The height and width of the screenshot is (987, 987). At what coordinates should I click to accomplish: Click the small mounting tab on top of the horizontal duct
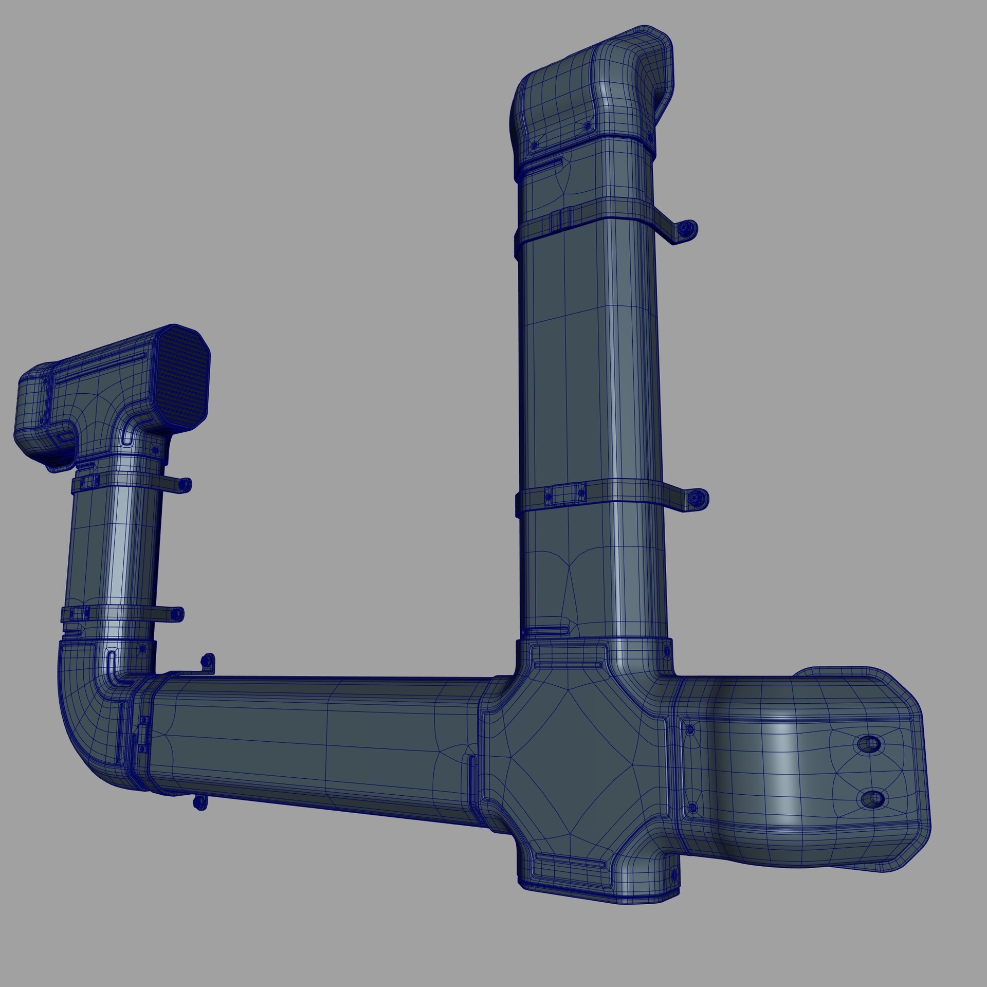tap(208, 663)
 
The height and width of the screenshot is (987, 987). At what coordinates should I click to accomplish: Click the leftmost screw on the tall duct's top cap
tap(534, 146)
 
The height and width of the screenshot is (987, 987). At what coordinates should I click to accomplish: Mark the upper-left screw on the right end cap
tap(690, 729)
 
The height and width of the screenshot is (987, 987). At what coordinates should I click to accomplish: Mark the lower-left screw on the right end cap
tap(692, 809)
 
